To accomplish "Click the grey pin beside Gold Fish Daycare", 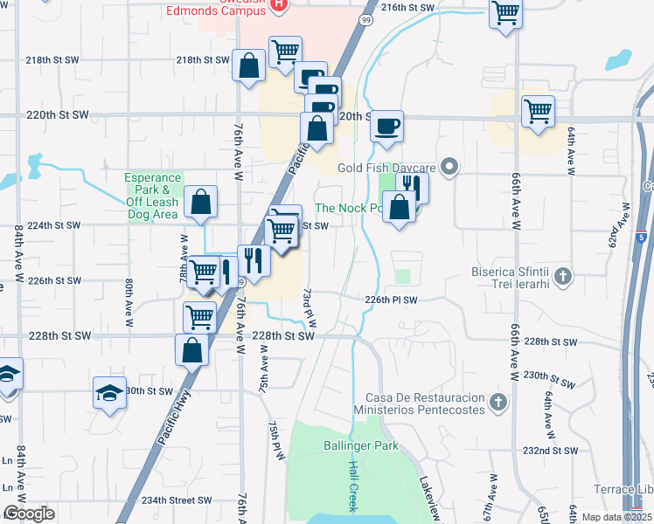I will point(450,166).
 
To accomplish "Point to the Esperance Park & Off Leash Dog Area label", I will point(152,195).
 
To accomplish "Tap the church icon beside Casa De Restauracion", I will point(498,403).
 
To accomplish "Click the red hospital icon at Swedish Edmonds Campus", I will point(278,5).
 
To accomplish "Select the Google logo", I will point(29,514).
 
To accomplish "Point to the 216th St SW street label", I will point(407,7).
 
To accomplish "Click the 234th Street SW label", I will point(177,500).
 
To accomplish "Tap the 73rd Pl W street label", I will point(307,307).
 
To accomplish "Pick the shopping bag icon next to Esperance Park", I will point(201,201).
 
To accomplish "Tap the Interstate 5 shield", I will point(642,237).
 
